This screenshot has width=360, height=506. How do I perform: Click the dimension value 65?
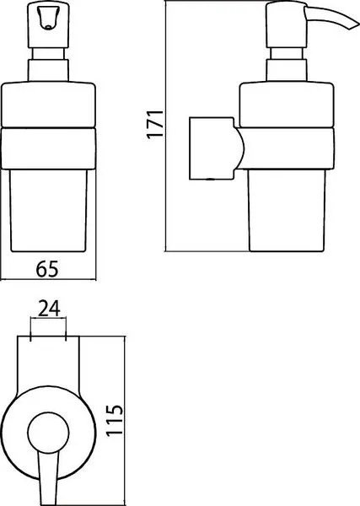tap(47, 269)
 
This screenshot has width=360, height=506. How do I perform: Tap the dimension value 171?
tap(155, 124)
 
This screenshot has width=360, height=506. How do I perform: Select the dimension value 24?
tap(49, 308)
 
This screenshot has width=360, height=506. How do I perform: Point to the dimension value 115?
tap(115, 419)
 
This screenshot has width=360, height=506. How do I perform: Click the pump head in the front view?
tap(48, 25)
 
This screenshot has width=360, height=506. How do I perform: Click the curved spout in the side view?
tap(330, 18)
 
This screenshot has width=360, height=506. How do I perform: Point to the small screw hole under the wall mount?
tap(210, 179)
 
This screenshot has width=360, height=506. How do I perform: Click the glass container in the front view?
tap(48, 210)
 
